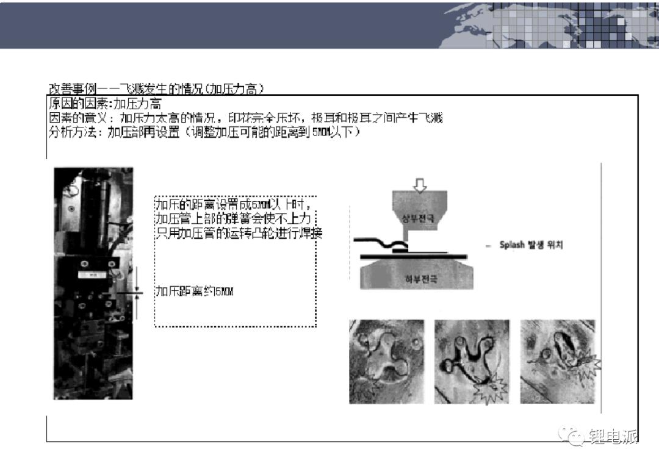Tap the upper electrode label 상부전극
[x=419, y=218]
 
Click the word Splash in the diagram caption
[x=513, y=245]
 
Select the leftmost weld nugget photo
[x=386, y=361]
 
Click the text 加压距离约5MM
[x=194, y=292]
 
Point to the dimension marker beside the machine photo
[x=138, y=293]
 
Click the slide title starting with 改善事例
[x=156, y=88]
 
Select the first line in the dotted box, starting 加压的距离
[x=235, y=203]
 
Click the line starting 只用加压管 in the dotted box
[x=238, y=233]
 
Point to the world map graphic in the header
[x=549, y=24]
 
